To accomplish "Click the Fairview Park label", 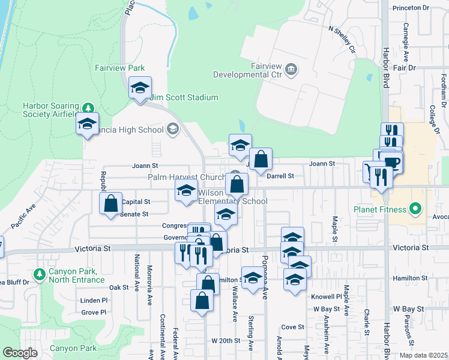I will point(119,68).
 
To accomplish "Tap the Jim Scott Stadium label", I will point(184,97).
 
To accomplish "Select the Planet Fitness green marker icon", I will point(414,209).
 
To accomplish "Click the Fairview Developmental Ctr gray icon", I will point(291,69).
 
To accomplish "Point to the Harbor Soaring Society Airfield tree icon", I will point(89,108).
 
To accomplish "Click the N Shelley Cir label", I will point(342,39).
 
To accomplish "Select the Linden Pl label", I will point(94,300).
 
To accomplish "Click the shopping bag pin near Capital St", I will point(111,203).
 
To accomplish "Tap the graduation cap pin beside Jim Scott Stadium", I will point(140,88).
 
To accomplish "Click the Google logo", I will point(20,353).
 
